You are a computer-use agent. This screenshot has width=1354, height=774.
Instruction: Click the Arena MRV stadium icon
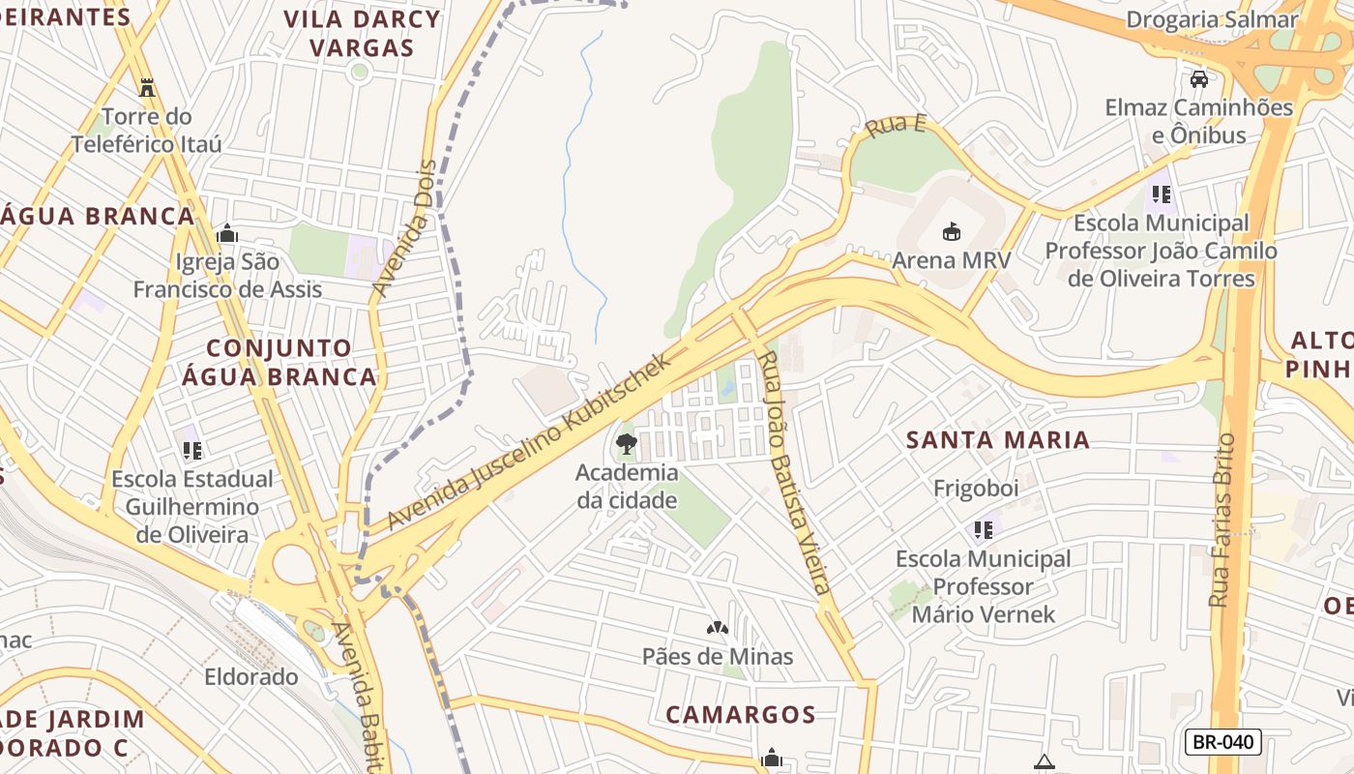[x=952, y=231]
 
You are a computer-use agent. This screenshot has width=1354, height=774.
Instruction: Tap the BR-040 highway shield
[x=1222, y=742]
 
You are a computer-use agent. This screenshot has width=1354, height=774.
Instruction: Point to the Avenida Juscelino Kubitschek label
[x=528, y=443]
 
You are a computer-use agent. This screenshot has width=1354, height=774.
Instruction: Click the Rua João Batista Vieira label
[x=794, y=472]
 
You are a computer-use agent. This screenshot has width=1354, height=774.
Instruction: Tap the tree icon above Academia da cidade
[x=627, y=445]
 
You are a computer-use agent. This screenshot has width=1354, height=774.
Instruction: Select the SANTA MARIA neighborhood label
[x=997, y=440]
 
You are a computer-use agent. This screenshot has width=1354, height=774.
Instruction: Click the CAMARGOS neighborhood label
[x=741, y=715]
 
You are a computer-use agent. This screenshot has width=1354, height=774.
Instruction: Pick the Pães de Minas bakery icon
[x=717, y=628]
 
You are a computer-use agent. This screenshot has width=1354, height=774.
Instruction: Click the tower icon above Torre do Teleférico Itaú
[x=147, y=88]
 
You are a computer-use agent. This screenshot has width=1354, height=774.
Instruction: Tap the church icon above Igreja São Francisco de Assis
[x=227, y=233]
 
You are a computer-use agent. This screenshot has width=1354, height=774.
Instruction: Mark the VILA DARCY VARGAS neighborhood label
[x=362, y=33]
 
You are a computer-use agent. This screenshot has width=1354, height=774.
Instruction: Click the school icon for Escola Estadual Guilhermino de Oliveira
[x=192, y=450]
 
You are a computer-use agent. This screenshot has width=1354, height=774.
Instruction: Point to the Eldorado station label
[x=251, y=676]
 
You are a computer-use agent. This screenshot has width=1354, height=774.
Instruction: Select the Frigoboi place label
[x=976, y=489]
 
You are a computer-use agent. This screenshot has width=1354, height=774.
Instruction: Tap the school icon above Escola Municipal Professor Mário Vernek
[x=984, y=529]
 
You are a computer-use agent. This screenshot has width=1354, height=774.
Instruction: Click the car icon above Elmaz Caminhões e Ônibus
[x=1199, y=78]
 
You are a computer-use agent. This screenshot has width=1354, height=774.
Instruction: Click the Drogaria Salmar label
[x=1225, y=19]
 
